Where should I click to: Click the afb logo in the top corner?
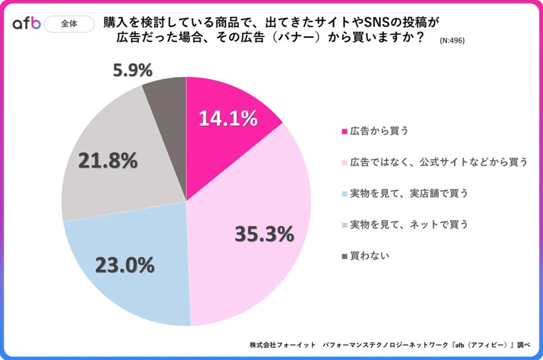click(x=27, y=24)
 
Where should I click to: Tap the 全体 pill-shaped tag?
click(x=68, y=24)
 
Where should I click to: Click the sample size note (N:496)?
click(x=452, y=41)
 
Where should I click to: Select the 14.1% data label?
click(x=228, y=119)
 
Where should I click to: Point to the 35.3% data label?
click(x=264, y=234)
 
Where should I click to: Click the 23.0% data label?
click(x=125, y=265)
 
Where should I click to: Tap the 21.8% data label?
click(x=108, y=161)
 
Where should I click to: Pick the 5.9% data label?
click(x=132, y=70)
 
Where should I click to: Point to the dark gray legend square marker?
click(x=345, y=257)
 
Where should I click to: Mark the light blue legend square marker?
click(x=345, y=194)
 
